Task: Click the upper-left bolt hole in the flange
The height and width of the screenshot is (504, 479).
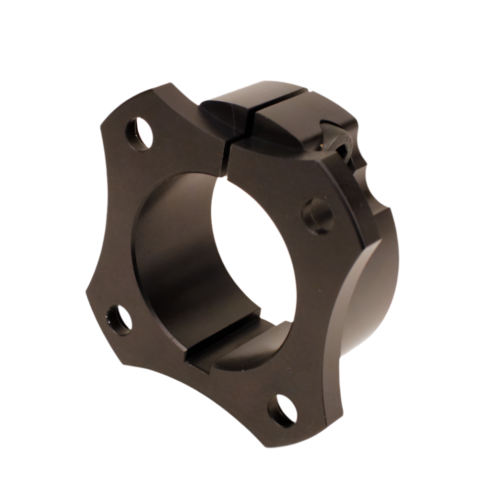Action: point(139,134)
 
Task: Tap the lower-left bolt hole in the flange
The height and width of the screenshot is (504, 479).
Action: point(119,319)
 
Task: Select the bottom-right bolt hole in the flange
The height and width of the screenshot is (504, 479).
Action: point(282,411)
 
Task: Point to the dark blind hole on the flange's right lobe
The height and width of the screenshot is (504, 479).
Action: point(318,216)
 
